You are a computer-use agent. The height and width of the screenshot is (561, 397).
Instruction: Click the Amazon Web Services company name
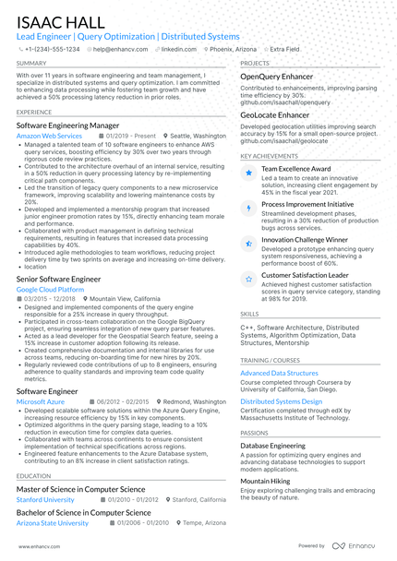[x=49, y=136]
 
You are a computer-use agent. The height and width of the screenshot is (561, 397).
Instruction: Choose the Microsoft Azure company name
[x=42, y=402]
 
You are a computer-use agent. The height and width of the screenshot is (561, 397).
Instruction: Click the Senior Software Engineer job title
[x=58, y=278]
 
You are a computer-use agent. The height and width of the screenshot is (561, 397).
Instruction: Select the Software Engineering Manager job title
[x=67, y=125]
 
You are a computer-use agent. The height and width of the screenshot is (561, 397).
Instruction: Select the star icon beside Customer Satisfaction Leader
[x=247, y=277]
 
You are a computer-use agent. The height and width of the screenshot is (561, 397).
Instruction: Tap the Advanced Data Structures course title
[x=279, y=373]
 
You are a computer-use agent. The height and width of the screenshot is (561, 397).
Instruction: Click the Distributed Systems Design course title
[x=282, y=402]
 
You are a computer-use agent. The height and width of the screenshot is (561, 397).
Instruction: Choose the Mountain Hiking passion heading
[x=265, y=481]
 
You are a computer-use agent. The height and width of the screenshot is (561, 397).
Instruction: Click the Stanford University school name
[x=45, y=499]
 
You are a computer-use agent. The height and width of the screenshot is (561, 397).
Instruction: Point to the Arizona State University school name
[x=53, y=522]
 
